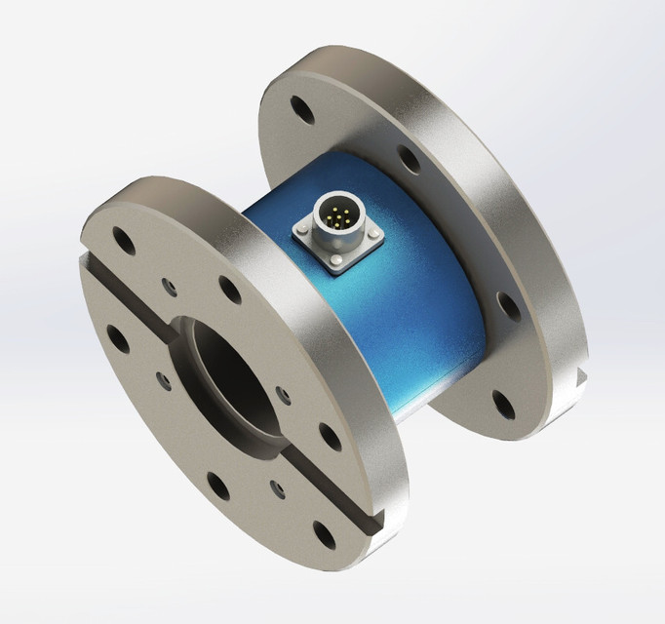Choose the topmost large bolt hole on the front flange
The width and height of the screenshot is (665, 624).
123,236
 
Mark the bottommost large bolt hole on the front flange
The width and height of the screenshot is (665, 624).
322,531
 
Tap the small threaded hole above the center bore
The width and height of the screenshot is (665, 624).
171,286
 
